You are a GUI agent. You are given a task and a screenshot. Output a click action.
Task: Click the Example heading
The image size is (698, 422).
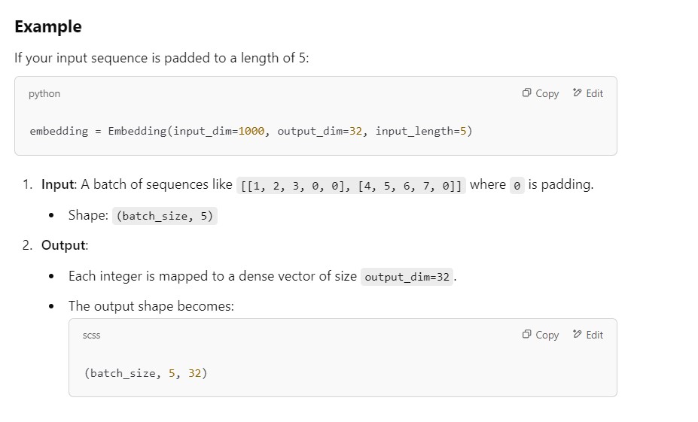pos(48,27)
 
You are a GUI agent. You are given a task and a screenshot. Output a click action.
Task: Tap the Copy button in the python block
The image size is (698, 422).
pos(541,93)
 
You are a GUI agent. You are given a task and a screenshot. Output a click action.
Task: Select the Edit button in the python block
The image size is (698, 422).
pos(588,93)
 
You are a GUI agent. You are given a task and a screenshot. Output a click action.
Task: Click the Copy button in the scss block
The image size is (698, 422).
pos(541,335)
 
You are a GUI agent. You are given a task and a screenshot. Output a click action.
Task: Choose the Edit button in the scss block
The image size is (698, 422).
pos(588,335)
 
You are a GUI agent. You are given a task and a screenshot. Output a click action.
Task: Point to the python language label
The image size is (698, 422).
pos(44,94)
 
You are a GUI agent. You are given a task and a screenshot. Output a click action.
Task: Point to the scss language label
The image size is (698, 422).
pos(91,335)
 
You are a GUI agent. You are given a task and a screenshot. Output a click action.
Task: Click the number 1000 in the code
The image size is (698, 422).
pos(251,131)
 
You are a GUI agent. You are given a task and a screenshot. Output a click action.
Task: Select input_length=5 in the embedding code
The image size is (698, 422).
pos(423,131)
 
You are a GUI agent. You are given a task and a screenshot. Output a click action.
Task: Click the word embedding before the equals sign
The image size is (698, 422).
pos(59,131)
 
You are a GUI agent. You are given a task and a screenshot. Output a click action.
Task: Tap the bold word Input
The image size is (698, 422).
pos(58,184)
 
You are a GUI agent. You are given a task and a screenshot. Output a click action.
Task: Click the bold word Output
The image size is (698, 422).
pos(64,245)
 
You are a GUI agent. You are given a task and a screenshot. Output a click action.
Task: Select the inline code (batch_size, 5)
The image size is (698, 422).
pos(165,216)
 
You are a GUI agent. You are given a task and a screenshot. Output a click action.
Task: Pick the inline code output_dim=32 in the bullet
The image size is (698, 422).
pos(407,277)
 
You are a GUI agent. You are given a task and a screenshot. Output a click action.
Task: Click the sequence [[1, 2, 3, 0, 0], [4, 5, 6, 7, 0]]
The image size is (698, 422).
pos(352,185)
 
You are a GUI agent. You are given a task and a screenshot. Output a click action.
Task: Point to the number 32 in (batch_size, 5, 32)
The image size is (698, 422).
pos(195,373)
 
